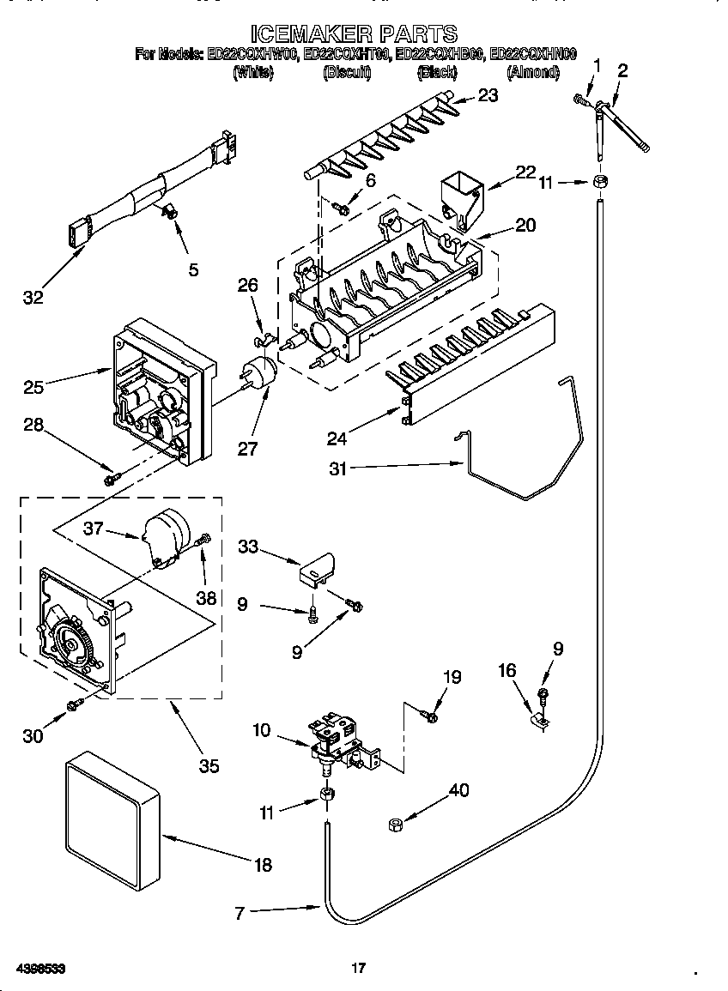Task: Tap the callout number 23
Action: tap(488, 96)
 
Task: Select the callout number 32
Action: tap(33, 298)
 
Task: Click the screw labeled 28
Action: tap(111, 479)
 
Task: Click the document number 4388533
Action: tap(40, 968)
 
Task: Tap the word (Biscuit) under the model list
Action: tap(346, 74)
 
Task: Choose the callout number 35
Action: tap(209, 766)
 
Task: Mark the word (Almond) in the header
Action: tap(533, 74)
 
